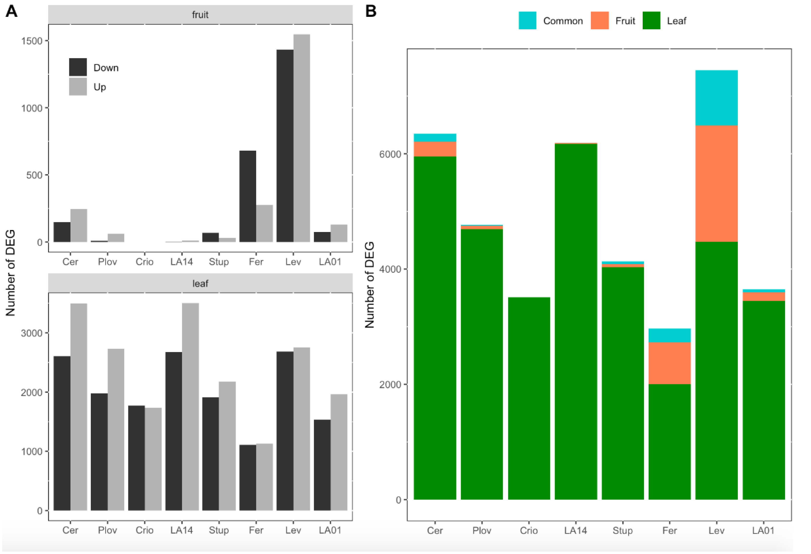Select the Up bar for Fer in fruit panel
(x=265, y=223)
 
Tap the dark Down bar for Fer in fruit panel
(x=248, y=196)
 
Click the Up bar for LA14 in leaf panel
(x=190, y=406)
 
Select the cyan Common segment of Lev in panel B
(x=716, y=98)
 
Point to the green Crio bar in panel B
(x=529, y=398)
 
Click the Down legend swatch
(x=78, y=67)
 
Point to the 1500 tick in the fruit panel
(x=31, y=41)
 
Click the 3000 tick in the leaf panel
(x=31, y=333)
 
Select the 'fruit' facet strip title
(x=200, y=15)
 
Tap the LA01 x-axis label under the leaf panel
(x=330, y=530)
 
